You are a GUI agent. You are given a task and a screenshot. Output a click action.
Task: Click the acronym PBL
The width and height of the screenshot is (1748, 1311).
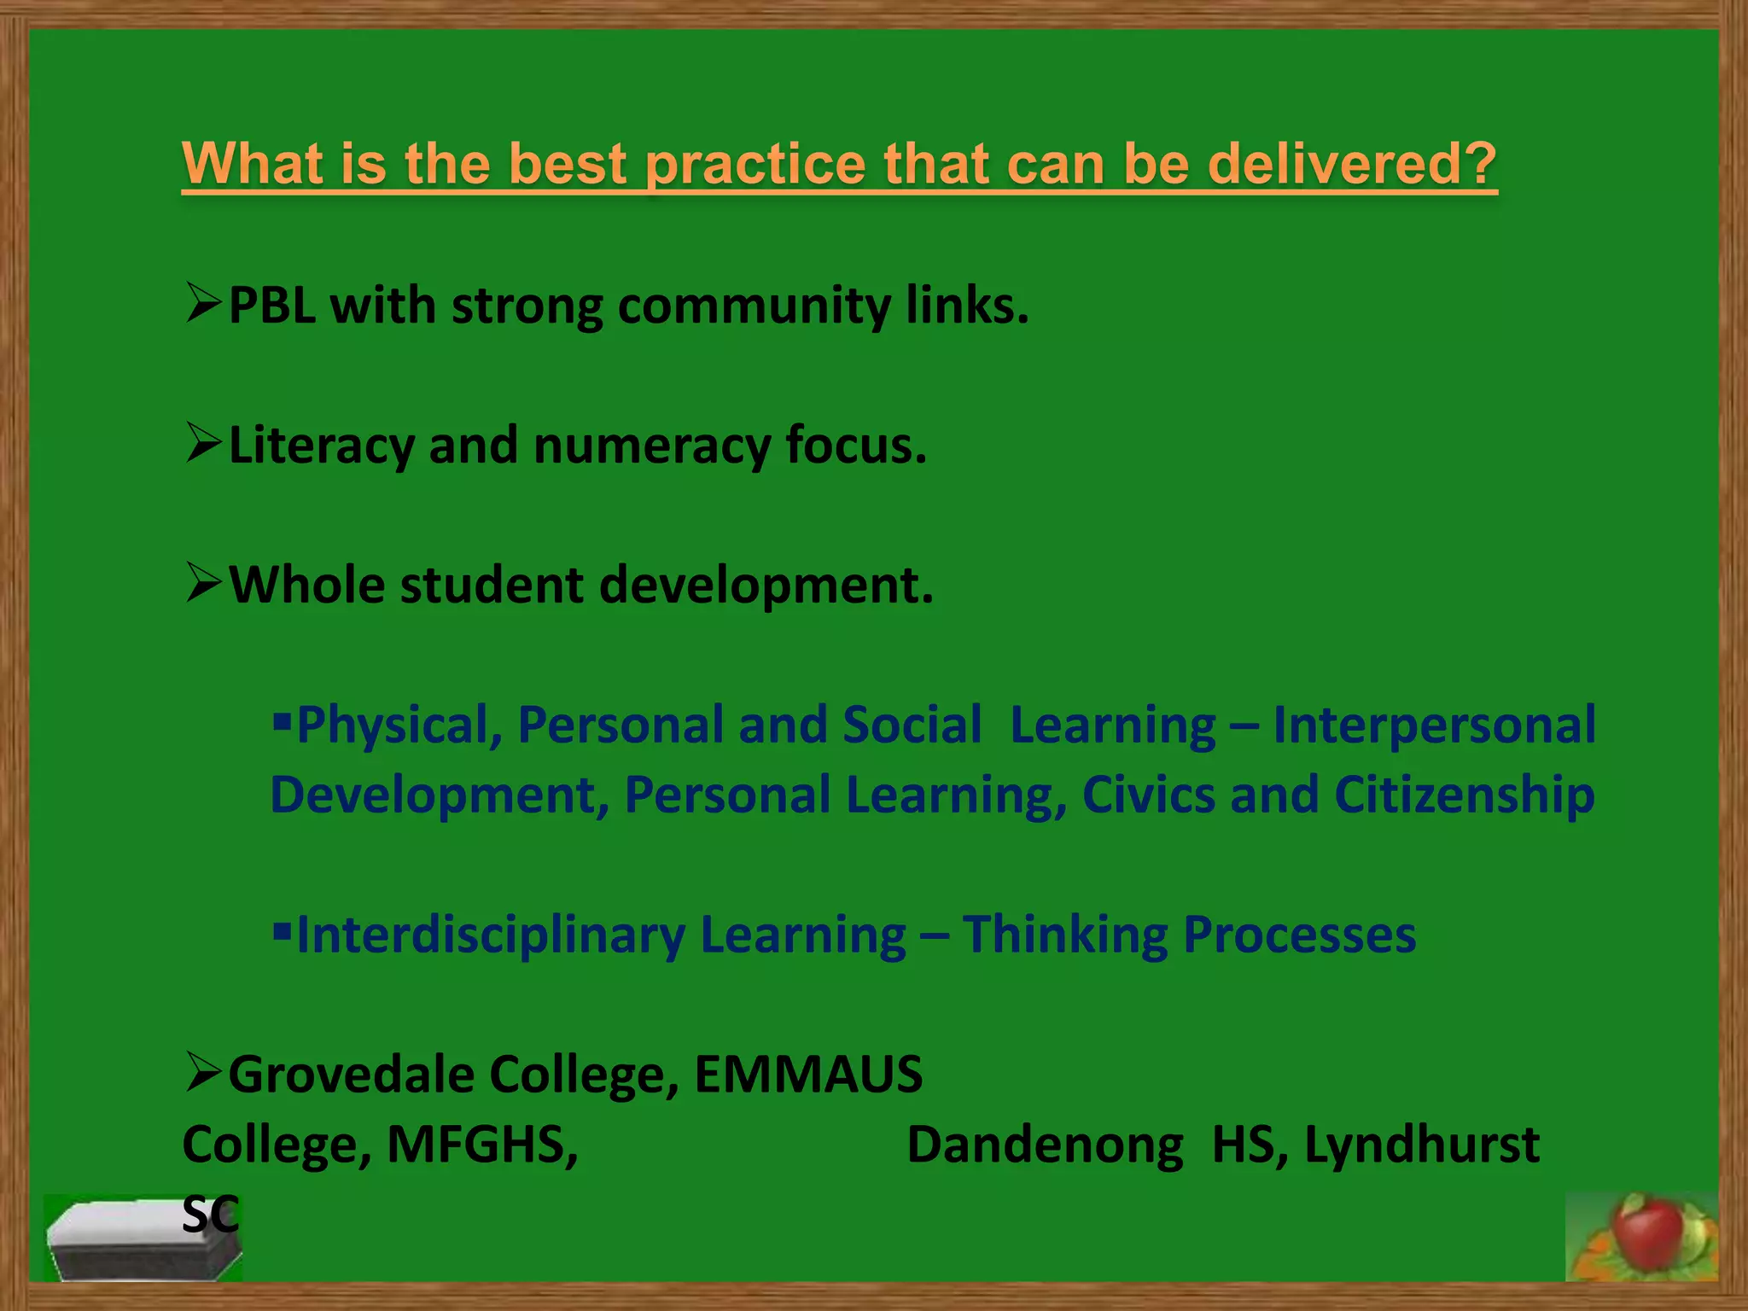(272, 305)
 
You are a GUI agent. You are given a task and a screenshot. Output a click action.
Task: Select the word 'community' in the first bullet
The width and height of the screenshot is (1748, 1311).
(754, 306)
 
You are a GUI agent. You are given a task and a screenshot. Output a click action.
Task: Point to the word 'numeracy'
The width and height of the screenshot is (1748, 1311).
(651, 446)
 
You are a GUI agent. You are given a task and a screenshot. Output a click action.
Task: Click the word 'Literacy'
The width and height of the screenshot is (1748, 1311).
(320, 446)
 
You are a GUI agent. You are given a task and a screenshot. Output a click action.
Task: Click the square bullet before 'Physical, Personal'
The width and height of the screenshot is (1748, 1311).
(282, 723)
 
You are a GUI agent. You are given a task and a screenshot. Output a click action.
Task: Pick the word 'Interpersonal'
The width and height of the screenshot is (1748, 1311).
(1434, 725)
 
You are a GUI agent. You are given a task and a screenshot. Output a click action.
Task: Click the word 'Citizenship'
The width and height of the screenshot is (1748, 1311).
(1464, 795)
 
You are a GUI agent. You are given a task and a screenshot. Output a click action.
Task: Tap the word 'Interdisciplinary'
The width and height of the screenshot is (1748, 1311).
(491, 935)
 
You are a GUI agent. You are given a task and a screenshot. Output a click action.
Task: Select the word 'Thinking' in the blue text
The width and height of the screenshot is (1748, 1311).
(1065, 935)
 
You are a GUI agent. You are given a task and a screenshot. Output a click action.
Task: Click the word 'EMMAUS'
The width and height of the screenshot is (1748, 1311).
(807, 1075)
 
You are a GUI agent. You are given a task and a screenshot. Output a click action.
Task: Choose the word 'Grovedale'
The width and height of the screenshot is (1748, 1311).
(351, 1075)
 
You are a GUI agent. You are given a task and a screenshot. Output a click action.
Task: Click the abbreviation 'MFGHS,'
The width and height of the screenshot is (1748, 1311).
(482, 1145)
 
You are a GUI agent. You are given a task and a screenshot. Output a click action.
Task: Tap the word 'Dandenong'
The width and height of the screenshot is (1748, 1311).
(1045, 1145)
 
